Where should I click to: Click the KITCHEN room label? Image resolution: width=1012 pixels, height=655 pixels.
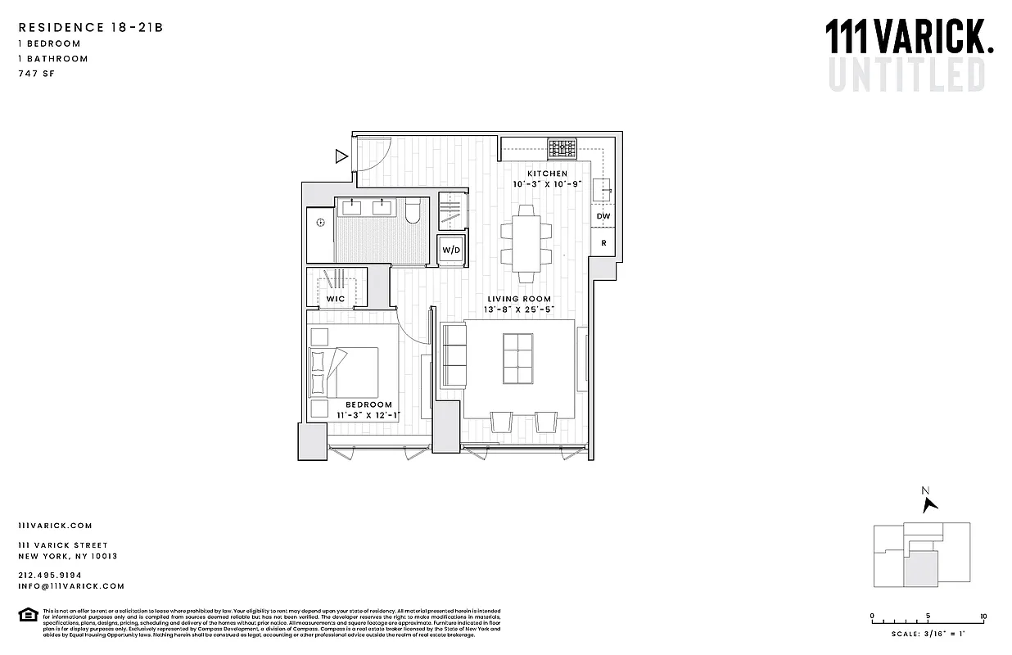547,174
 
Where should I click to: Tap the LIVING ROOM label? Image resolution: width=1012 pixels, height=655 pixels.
519,299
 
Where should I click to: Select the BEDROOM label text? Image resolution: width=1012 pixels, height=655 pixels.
368,404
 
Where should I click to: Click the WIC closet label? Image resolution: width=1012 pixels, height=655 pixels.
336,299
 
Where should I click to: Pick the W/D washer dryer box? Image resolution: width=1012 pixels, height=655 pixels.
451,250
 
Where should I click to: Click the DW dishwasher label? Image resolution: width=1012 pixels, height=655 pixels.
603,216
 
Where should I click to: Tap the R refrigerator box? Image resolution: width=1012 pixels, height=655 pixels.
603,242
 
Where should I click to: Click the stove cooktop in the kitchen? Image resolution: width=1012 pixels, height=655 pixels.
562,149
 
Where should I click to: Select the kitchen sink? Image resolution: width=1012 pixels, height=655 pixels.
603,189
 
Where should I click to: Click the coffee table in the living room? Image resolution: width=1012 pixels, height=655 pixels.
517,359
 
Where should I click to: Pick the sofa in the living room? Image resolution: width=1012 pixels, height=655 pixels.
453,355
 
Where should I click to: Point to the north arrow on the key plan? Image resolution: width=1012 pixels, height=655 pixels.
928,502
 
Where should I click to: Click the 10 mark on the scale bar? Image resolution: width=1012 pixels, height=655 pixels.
983,617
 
